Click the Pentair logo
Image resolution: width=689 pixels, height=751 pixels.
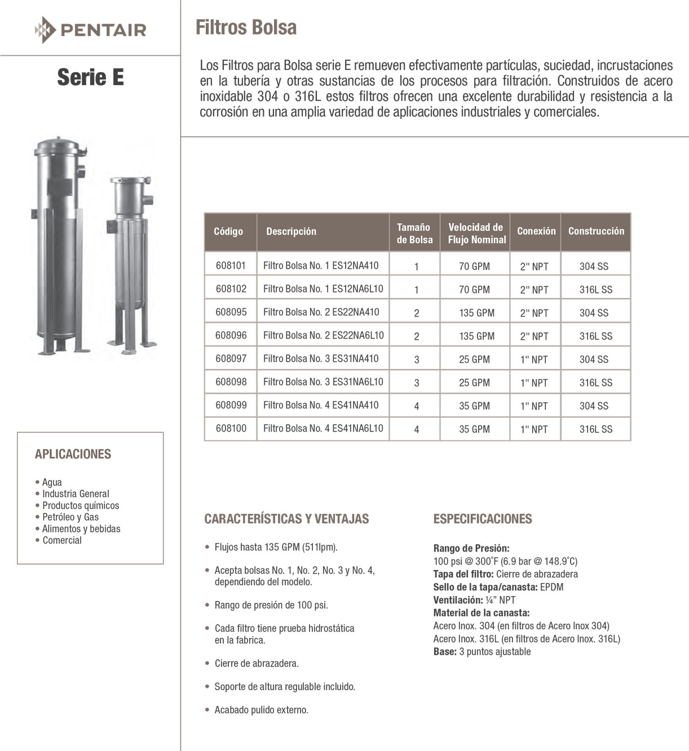coord(90,29)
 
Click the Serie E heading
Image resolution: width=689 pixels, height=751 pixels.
coord(90,77)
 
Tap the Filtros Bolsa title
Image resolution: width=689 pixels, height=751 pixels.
coord(246,28)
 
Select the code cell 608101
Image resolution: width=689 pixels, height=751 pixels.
coord(231,265)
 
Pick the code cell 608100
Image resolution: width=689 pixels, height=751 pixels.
coord(231,428)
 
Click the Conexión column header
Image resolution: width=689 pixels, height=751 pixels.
coord(536,231)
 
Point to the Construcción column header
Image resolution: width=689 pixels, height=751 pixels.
coord(596,231)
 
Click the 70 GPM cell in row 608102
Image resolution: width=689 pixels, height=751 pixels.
coord(474,290)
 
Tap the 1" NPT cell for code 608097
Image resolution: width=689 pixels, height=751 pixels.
coord(534,359)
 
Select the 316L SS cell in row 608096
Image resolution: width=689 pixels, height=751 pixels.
coord(595,336)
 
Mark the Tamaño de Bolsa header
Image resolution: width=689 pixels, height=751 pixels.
coord(414,233)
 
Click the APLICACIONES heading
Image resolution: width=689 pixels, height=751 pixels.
coord(73,454)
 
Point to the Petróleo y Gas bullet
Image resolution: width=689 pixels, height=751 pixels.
coord(70,517)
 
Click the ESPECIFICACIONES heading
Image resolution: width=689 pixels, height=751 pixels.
coord(482,519)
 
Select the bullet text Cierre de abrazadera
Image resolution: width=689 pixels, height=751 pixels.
coord(257,663)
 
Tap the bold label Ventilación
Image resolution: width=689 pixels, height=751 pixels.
coord(457,600)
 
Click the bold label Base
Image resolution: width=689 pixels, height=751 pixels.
coord(444,652)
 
